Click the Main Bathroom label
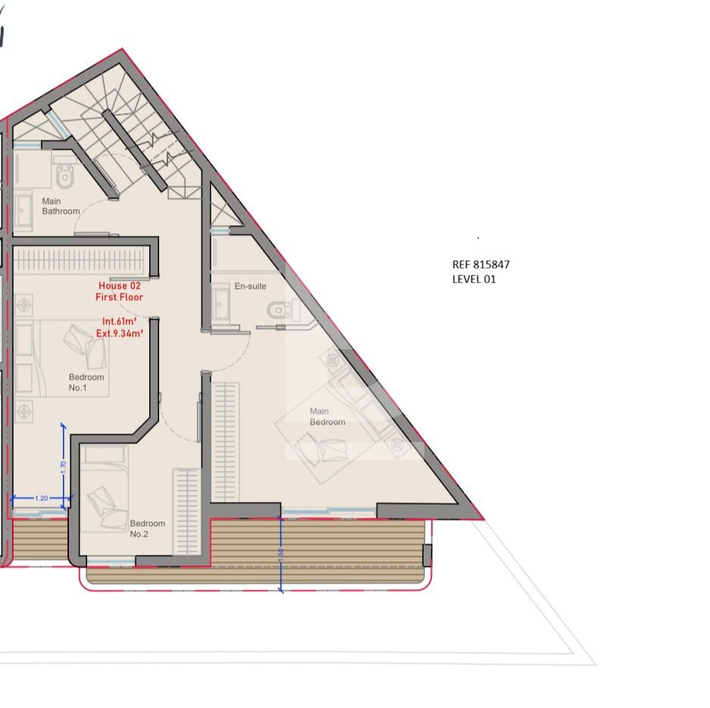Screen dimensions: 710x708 [x=61, y=206]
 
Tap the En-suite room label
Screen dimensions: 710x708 [x=250, y=287]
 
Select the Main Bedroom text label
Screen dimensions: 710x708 [x=327, y=417]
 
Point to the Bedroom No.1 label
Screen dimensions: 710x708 [x=86, y=382]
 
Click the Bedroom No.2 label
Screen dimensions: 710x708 [x=147, y=528]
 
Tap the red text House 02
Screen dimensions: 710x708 [x=120, y=286]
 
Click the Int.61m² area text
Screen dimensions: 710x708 [x=120, y=321]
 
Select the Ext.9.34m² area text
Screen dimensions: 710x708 [x=120, y=334]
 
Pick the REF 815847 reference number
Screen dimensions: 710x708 [x=481, y=265]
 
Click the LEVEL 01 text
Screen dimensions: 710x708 [x=474, y=279]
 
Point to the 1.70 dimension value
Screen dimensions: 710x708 [x=63, y=467]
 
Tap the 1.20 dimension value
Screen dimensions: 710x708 [x=41, y=498]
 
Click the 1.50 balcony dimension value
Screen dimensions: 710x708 [x=280, y=556]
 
